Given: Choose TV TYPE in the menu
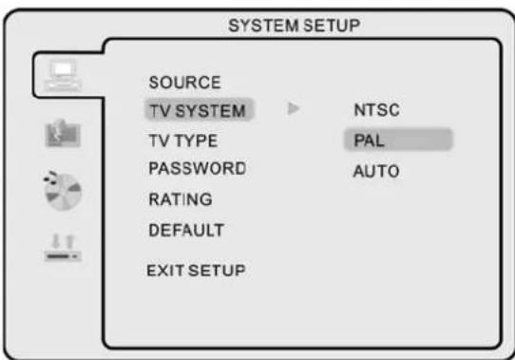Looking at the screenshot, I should point(182,141).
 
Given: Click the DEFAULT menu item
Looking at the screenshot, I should point(185,229).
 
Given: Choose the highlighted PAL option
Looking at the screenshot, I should point(366,141).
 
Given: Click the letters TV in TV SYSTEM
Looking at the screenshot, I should point(158,111).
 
